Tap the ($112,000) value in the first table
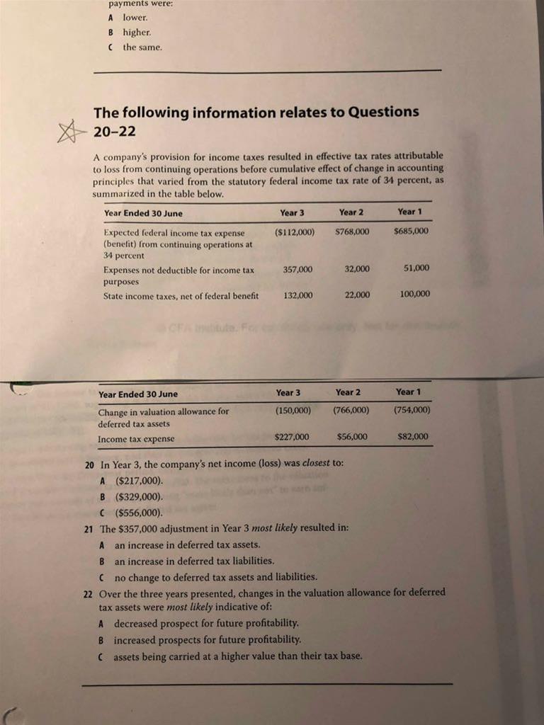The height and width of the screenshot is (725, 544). [295, 232]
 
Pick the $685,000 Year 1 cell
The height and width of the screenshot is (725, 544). [412, 232]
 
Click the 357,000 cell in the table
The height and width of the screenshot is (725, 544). [297, 269]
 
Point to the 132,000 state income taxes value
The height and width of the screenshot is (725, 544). [297, 295]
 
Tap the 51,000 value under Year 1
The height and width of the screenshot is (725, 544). [416, 268]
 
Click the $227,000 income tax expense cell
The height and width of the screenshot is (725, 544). [291, 437]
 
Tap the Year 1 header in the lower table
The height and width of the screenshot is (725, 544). [409, 392]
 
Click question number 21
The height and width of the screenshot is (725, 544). [89, 529]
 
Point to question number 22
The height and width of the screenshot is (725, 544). [89, 593]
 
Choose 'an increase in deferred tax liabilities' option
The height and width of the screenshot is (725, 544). [193, 561]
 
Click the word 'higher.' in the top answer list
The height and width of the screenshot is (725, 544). [137, 32]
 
